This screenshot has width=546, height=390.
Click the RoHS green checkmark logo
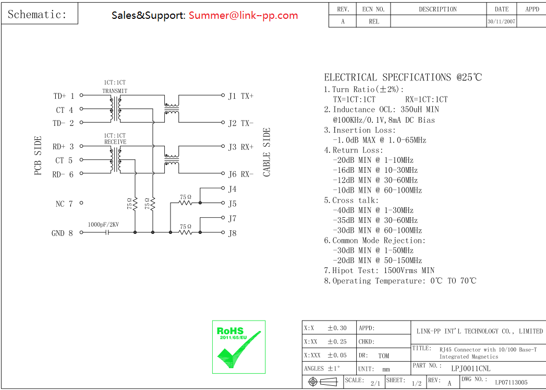click(x=239, y=347)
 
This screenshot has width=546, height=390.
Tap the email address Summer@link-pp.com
click(x=244, y=15)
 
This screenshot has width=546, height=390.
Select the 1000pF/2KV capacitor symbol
click(x=107, y=232)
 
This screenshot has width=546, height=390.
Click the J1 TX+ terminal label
click(x=241, y=96)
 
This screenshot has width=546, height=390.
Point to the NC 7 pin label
click(x=64, y=204)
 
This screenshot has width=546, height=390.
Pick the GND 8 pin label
click(x=63, y=233)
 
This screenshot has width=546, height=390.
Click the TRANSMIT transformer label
click(x=115, y=91)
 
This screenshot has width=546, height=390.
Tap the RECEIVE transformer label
click(x=115, y=142)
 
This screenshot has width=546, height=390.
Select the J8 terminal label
click(x=232, y=233)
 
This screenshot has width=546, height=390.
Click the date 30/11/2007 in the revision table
click(x=502, y=21)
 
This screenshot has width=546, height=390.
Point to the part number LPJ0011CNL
click(x=471, y=369)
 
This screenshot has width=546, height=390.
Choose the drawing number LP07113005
click(x=511, y=382)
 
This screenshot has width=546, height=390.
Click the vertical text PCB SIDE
click(x=38, y=156)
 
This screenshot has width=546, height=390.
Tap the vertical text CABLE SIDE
click(x=266, y=152)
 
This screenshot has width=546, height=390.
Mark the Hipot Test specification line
click(x=379, y=270)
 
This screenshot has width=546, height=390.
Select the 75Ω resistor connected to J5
click(x=185, y=203)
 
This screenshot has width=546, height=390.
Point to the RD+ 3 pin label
click(x=63, y=147)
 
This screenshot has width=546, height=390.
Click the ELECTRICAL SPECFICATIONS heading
click(x=403, y=77)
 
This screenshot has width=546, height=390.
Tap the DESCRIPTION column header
click(x=438, y=9)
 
